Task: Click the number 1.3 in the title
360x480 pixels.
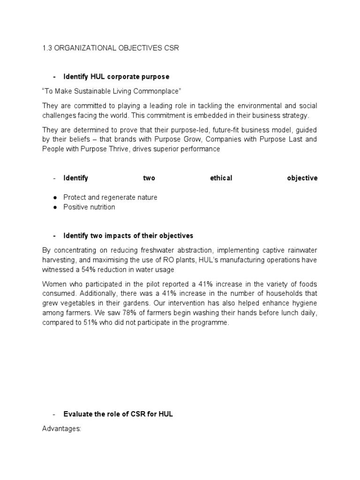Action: coord(47,49)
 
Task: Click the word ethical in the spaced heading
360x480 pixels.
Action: coord(221,178)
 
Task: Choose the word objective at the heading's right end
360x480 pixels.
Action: coord(302,178)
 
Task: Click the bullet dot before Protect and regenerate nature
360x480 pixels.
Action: coord(55,198)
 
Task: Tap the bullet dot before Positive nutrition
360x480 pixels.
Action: coord(55,207)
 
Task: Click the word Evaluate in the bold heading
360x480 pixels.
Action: coord(78,414)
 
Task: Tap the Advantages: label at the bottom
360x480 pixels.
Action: coord(62,428)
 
